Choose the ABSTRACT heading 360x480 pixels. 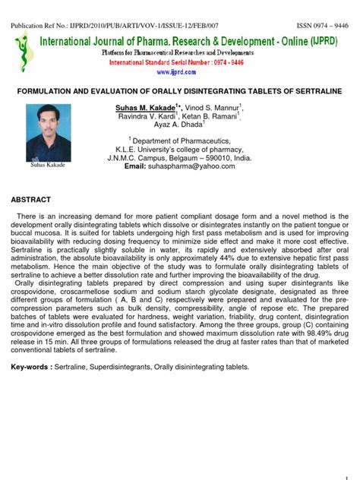pos(30,200)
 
